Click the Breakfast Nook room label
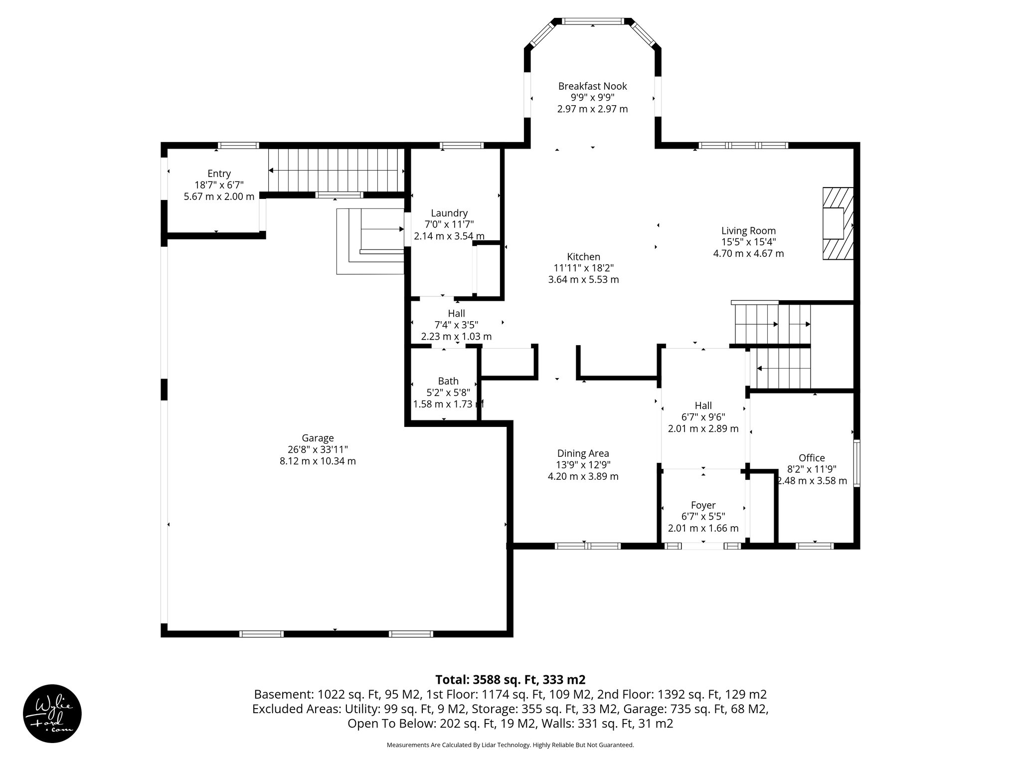point(592,86)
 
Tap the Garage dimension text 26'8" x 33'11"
point(318,450)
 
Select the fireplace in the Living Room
point(838,223)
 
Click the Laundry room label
point(449,213)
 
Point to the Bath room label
point(448,381)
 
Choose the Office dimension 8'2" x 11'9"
point(812,469)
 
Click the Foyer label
point(703,505)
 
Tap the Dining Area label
point(583,453)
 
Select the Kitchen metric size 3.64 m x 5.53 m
point(583,280)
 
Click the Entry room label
point(219,174)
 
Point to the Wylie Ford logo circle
point(52,714)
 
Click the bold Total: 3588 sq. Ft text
point(510,680)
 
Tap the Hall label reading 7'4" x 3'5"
point(456,325)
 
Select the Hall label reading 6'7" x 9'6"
point(703,417)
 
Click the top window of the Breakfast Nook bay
point(592,21)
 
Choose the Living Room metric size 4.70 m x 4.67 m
point(748,253)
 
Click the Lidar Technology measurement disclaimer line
point(510,745)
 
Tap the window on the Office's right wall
point(856,463)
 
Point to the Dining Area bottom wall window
point(587,546)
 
